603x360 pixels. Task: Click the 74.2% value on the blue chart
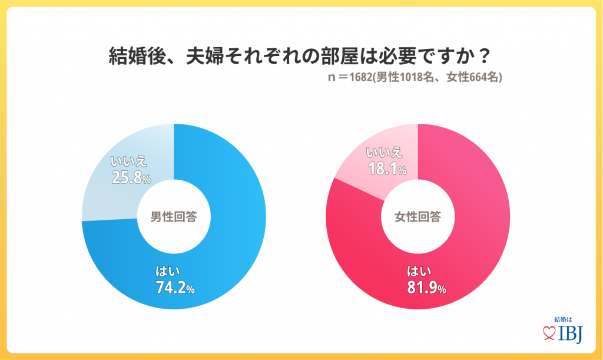coord(174,288)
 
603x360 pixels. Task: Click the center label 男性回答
coord(174,216)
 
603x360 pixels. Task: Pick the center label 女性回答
coord(418,216)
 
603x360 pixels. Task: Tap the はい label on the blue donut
coord(167,272)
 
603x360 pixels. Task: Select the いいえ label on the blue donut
coord(128,160)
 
